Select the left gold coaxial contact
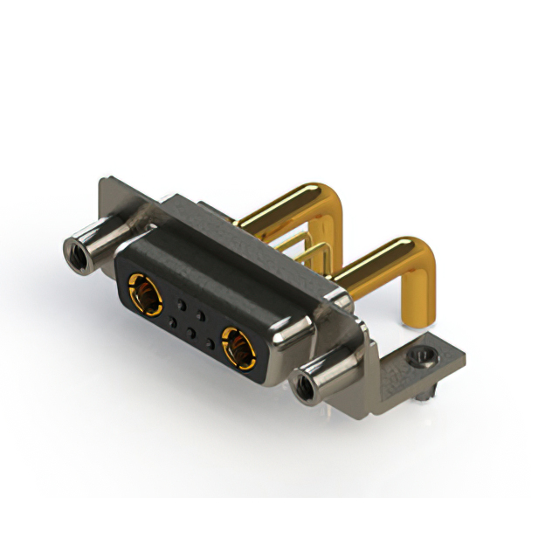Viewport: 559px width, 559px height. [x=145, y=292]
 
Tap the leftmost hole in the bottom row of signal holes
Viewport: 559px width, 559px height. [x=172, y=322]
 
